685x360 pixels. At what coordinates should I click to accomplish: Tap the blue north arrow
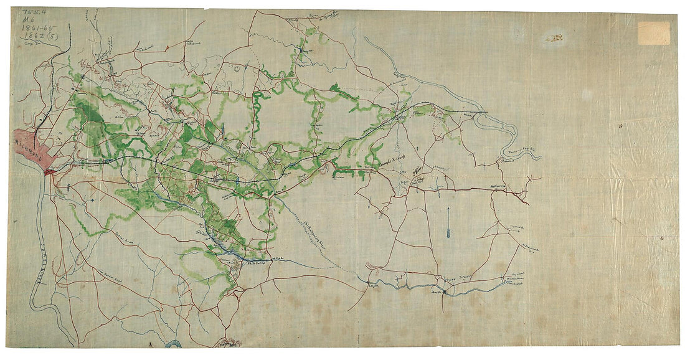point(448,224)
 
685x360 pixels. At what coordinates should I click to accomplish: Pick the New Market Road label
point(109,274)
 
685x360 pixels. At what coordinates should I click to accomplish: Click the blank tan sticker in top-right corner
point(653,33)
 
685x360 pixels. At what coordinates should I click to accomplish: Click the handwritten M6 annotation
point(27,20)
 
